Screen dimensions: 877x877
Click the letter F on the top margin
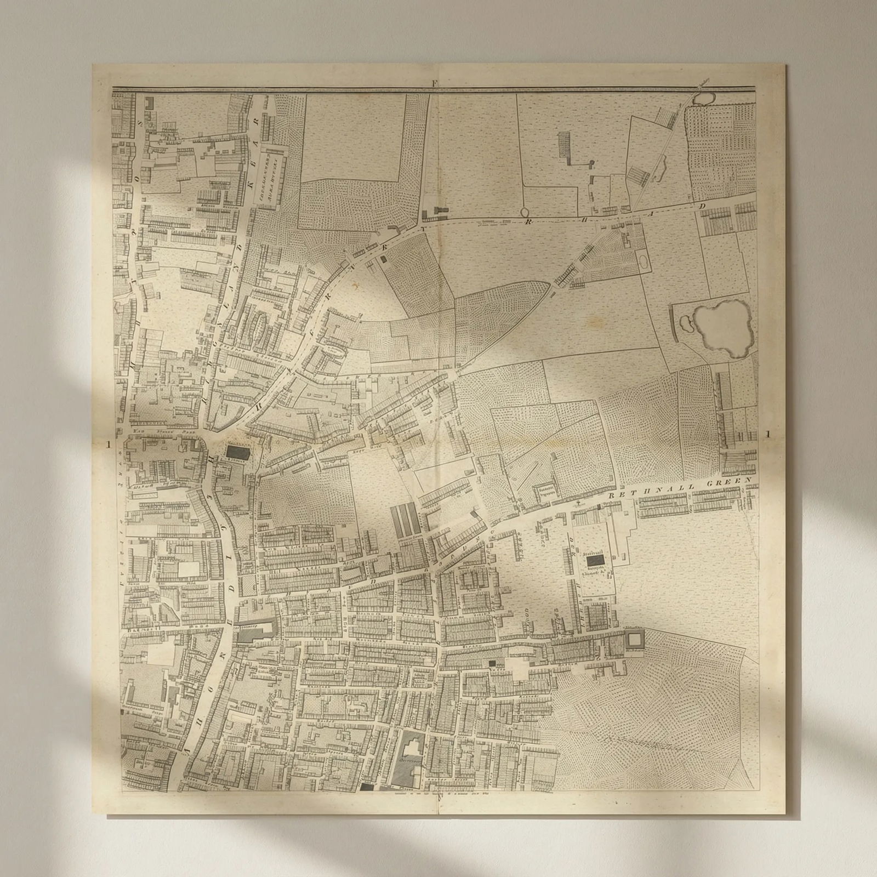(x=433, y=83)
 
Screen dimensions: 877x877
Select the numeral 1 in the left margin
(x=110, y=445)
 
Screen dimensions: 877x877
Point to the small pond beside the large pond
(x=683, y=324)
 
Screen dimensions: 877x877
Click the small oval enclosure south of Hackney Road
(x=641, y=261)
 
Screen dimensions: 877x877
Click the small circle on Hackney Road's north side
(x=525, y=212)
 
